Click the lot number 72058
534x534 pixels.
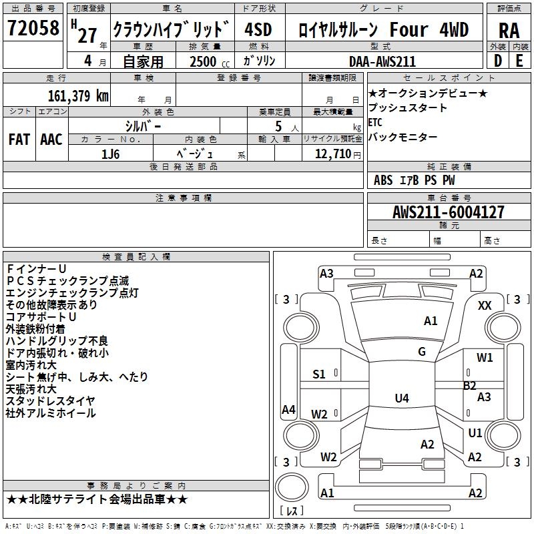pyautogui.click(x=33, y=28)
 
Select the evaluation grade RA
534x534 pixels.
pyautogui.click(x=509, y=31)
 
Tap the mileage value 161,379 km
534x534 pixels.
pyautogui.click(x=78, y=95)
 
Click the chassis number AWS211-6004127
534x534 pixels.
pyautogui.click(x=448, y=212)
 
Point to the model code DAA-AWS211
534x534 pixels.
pyautogui.click(x=382, y=61)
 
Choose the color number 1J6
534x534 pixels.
pyautogui.click(x=110, y=154)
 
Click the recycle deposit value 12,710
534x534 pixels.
pyautogui.click(x=332, y=154)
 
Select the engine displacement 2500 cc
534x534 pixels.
pyautogui.click(x=210, y=61)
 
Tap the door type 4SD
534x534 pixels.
pyautogui.click(x=258, y=29)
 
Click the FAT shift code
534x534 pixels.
pyautogui.click(x=19, y=140)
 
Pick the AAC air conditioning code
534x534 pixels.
pyautogui.click(x=51, y=140)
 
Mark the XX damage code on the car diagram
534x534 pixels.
pyautogui.click(x=485, y=306)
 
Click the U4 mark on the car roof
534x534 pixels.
pyautogui.click(x=402, y=398)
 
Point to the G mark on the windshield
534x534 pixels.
pyautogui.click(x=422, y=351)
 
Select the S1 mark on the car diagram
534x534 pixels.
pyautogui.click(x=319, y=374)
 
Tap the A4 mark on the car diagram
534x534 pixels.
pyautogui.click(x=288, y=409)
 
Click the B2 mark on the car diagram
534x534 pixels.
pyautogui.click(x=470, y=386)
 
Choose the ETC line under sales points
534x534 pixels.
pyautogui.click(x=375, y=122)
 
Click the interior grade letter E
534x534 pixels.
pyautogui.click(x=519, y=61)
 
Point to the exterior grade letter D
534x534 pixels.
pyautogui.click(x=498, y=61)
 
